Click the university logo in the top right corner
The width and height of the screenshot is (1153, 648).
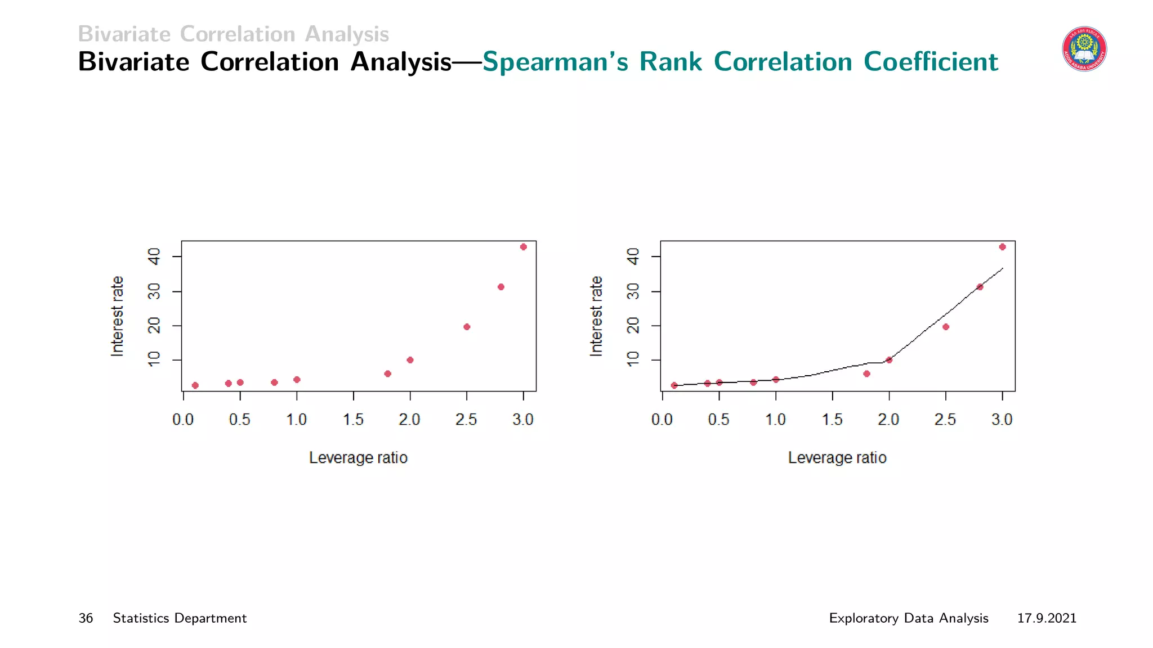[1084, 49]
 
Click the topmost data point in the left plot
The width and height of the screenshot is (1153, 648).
[523, 247]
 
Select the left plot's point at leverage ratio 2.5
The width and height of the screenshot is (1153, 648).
[467, 327]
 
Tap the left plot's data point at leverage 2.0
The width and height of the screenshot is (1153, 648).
[410, 360]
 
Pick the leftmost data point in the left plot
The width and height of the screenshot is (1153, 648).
[195, 385]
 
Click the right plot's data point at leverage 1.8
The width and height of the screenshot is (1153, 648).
[866, 373]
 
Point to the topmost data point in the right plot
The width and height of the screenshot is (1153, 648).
[1002, 247]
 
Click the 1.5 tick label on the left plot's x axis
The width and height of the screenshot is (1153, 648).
[353, 420]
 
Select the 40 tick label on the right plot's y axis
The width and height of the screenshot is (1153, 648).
[633, 256]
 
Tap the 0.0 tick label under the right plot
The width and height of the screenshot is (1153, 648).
[662, 420]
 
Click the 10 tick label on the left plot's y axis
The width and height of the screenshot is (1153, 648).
[154, 359]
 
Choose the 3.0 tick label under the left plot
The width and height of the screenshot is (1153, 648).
[523, 420]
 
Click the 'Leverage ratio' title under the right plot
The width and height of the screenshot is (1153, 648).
[837, 458]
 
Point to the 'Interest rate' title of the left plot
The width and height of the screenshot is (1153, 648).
[117, 316]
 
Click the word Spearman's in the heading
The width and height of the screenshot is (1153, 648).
[555, 62]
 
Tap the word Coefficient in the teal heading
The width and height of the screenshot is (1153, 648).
[931, 62]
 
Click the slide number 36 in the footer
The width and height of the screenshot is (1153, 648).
[86, 618]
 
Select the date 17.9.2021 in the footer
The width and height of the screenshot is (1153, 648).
[1047, 618]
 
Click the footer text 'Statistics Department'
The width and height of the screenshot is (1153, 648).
[180, 618]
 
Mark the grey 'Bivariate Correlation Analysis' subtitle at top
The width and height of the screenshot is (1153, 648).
[233, 34]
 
